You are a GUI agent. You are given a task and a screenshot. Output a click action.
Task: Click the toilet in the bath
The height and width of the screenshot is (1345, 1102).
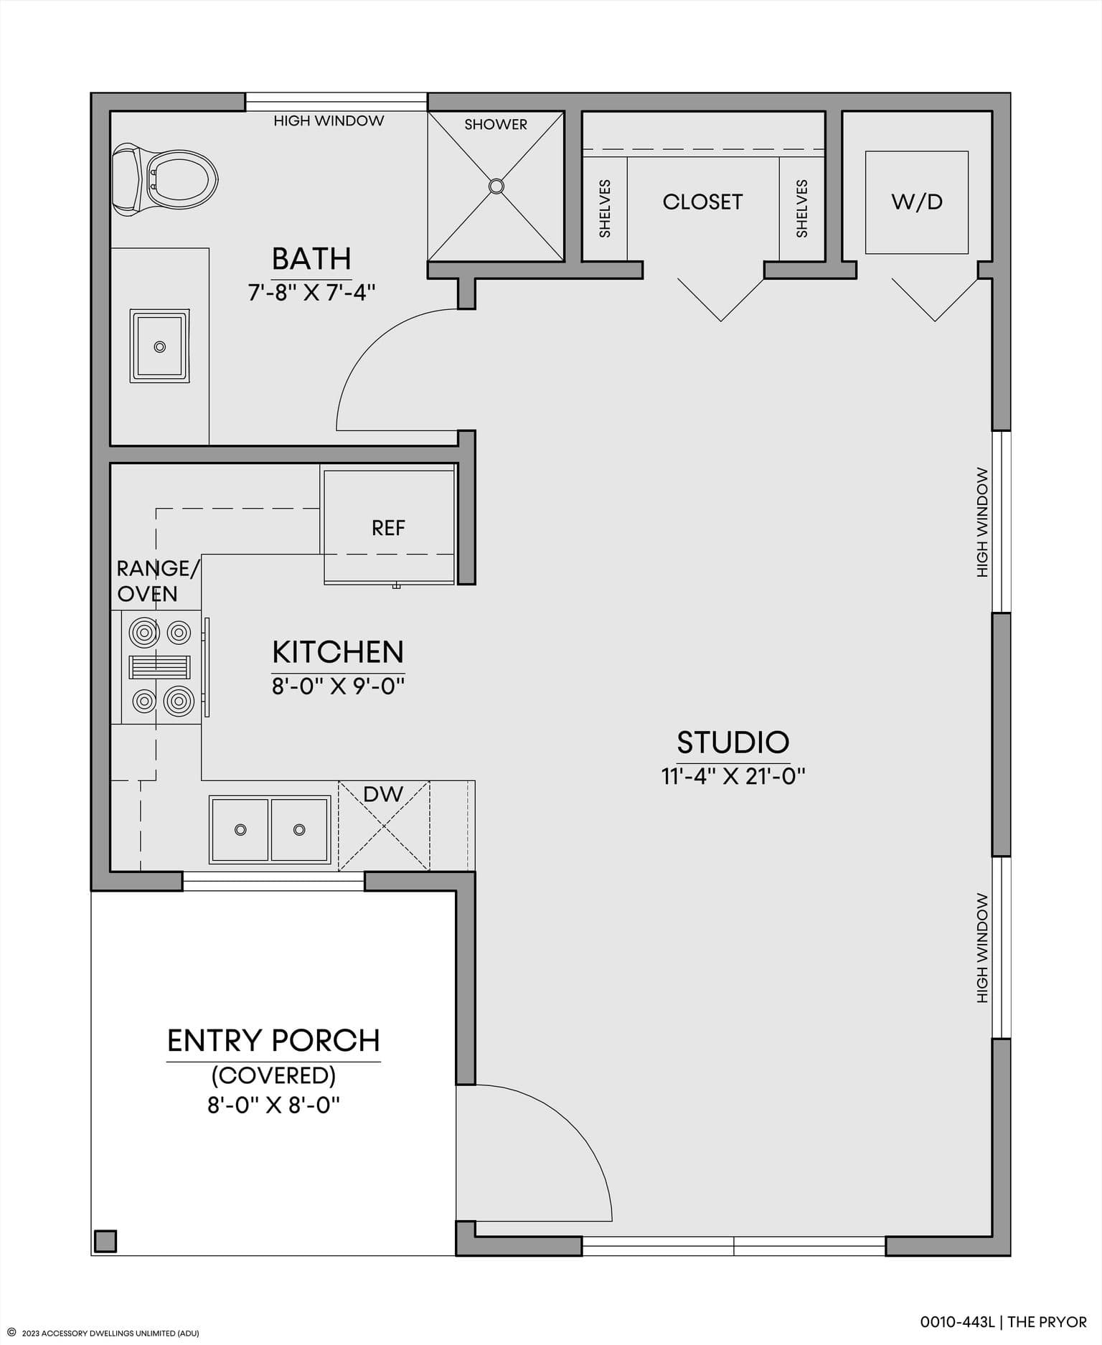pos(165,179)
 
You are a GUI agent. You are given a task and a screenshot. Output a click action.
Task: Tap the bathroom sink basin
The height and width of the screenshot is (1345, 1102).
pos(159,346)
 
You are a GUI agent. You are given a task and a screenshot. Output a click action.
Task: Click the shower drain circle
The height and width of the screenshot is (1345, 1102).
pos(496,187)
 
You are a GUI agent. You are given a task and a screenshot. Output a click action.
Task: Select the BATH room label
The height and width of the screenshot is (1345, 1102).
pos(311,258)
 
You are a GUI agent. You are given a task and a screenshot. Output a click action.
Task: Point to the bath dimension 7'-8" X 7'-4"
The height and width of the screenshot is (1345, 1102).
pos(312,292)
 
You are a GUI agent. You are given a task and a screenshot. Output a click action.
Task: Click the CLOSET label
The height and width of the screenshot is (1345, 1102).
pos(702,202)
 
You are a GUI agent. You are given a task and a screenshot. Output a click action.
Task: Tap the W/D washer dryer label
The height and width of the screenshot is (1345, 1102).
pos(917,202)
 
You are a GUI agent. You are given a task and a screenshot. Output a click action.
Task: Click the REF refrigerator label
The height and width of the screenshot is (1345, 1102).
pos(388,528)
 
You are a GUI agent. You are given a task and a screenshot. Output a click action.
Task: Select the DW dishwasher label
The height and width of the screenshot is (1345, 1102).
pos(383,794)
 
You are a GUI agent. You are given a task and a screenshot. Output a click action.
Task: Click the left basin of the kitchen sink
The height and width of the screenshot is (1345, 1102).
pos(240,829)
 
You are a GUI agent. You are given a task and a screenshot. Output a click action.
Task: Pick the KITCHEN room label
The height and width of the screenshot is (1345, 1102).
pos(338,652)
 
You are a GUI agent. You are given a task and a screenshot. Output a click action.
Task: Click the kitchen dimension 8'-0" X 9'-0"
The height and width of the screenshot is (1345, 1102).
pos(338,686)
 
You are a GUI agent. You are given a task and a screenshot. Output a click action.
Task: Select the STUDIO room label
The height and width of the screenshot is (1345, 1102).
pos(733,742)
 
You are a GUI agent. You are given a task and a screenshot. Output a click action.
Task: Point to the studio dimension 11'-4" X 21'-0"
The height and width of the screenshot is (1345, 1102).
pos(733,776)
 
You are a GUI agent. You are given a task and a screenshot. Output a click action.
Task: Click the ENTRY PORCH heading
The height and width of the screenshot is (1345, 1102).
pos(273,1041)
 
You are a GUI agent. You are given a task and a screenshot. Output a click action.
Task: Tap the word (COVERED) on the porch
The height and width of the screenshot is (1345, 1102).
pos(273,1075)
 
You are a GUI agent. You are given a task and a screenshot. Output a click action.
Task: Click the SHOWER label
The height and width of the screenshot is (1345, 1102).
pos(496,124)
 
